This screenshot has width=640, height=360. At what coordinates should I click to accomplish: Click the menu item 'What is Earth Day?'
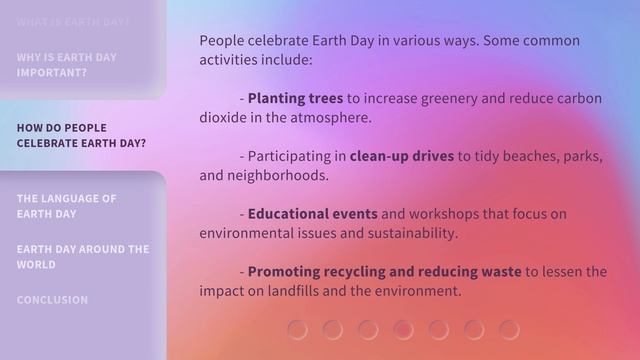click(73, 21)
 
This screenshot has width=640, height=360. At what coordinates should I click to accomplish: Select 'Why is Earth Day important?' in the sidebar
click(66, 65)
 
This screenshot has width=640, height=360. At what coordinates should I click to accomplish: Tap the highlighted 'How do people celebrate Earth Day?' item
click(81, 135)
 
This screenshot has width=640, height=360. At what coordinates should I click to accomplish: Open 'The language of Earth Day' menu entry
click(66, 206)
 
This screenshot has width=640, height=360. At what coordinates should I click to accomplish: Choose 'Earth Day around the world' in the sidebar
click(82, 257)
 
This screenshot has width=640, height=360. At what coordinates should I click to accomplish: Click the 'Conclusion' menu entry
click(52, 300)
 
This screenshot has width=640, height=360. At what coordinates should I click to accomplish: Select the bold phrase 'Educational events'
click(312, 214)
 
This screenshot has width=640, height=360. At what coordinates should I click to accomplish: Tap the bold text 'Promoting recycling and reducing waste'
click(384, 272)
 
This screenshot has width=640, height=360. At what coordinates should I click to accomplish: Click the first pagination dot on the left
click(297, 329)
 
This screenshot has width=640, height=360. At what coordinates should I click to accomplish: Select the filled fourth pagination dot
click(403, 329)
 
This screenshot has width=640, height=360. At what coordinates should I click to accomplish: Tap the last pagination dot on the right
click(509, 329)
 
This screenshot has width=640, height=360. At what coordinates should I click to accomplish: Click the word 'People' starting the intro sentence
click(222, 41)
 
